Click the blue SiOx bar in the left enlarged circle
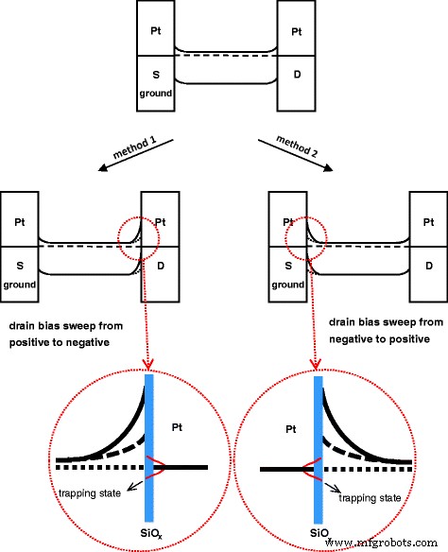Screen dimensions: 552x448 coord(149,444)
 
